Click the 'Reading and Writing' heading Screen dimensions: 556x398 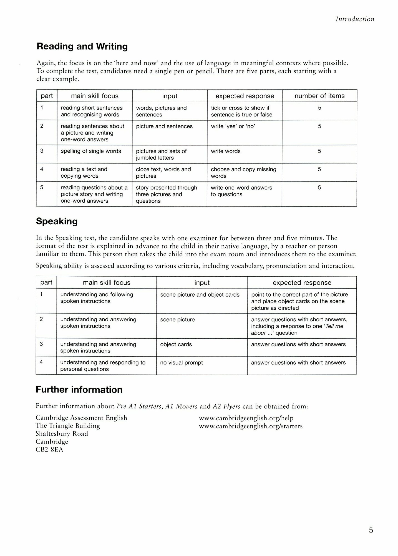82,46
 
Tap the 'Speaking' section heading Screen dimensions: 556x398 57,221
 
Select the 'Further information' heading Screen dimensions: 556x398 79,389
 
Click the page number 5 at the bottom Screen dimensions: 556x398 371,530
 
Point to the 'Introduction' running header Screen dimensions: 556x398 355,19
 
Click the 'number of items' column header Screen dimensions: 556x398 319,96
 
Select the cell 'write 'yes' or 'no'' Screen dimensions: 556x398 233,126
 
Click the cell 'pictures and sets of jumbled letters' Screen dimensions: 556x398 161,154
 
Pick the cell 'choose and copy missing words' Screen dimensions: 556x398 243,173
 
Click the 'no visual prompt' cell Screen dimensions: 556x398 182,363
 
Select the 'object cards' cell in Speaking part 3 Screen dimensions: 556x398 176,344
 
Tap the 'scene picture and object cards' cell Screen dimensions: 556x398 200,295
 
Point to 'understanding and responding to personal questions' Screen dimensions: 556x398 103,366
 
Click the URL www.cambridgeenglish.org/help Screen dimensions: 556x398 246,418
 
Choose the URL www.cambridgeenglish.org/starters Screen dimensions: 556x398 251,426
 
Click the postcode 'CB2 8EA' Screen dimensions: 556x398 49,450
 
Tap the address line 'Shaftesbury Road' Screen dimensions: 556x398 62,434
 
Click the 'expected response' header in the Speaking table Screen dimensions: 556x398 302,283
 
